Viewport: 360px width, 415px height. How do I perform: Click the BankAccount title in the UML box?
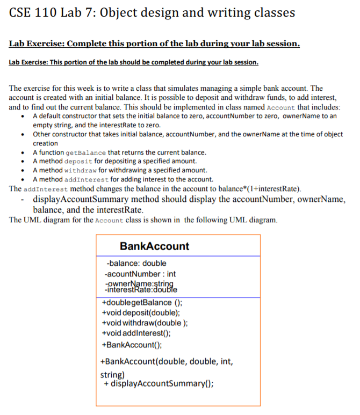click(154, 246)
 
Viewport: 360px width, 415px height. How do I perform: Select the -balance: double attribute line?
click(136, 263)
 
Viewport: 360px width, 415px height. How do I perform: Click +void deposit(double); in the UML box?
click(141, 312)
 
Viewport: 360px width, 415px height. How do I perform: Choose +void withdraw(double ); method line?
click(145, 323)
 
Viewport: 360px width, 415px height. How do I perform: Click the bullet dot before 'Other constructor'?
click(21, 134)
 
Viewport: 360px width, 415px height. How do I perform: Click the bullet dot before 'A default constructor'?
click(21, 117)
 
